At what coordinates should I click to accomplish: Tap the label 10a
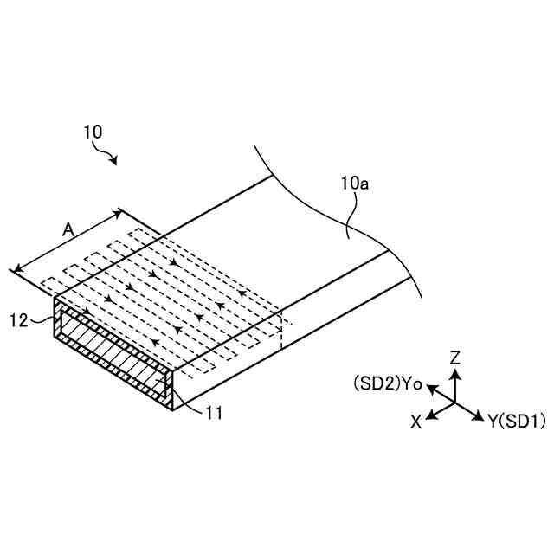tap(357, 183)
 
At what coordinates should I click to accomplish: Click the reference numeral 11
tap(214, 413)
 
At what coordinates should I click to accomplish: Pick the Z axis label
tap(455, 357)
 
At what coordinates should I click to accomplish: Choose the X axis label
tap(416, 422)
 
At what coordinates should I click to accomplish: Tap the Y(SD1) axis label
tap(516, 422)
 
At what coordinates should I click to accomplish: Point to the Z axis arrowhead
tap(456, 373)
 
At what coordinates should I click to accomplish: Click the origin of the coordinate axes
tap(456, 403)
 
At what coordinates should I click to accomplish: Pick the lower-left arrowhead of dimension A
tap(15, 270)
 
